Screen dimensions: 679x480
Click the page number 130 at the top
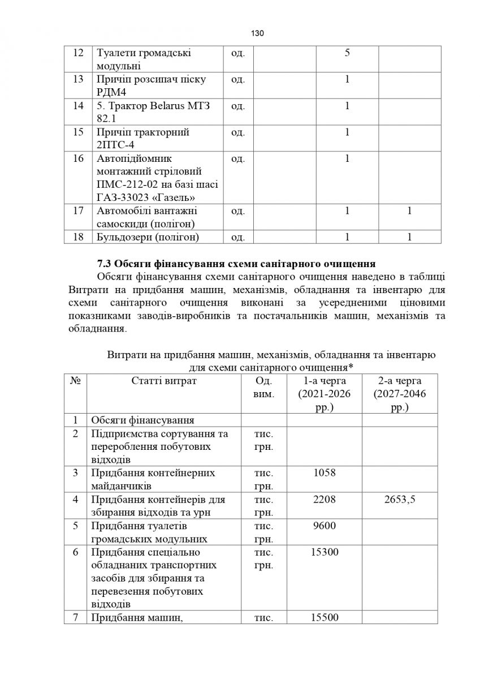coord(257,33)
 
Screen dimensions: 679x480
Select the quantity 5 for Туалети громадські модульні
coord(347,53)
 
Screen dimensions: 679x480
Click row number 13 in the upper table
coord(79,79)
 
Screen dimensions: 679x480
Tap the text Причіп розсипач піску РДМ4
coord(151,85)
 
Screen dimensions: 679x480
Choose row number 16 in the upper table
coord(79,158)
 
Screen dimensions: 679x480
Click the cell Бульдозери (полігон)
coord(148,237)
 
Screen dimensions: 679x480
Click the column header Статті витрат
coord(164,381)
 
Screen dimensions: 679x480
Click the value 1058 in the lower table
coord(324,472)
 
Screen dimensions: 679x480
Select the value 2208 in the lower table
coord(324,499)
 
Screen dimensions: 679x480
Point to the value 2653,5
coord(399,499)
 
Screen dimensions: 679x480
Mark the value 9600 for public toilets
coord(324,526)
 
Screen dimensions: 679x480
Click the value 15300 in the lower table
coord(324,552)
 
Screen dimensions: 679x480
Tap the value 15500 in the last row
coord(324,617)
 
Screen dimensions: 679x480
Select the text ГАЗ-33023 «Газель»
coord(146,197)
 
